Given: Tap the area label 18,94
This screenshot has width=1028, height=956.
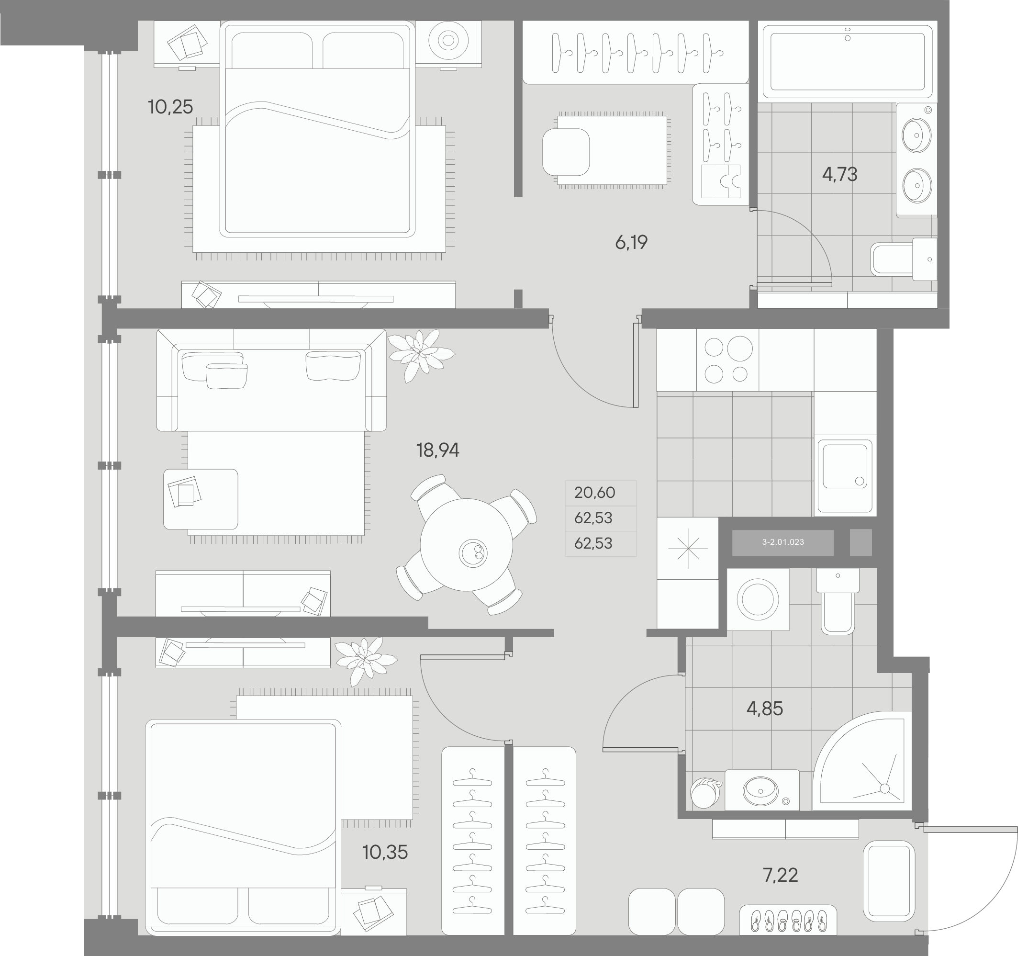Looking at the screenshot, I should tap(437, 450).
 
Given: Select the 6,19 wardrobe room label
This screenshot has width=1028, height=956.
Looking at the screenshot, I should tap(631, 242).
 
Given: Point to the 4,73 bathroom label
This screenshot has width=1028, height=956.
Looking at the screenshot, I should tap(839, 174).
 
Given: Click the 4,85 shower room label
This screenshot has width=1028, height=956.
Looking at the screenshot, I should tap(764, 708).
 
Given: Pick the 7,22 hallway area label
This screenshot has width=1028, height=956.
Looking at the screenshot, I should tap(780, 875).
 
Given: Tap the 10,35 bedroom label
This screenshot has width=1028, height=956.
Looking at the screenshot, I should tap(385, 852).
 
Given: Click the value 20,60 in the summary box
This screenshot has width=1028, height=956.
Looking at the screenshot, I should tap(595, 493).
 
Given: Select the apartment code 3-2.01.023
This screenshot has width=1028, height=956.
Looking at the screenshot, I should tap(782, 542).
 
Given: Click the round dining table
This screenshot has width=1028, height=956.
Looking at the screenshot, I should tap(466, 545).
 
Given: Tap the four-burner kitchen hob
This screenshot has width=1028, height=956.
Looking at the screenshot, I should tap(727, 360).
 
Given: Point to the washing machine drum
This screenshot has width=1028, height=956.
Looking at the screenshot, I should tap(758, 599).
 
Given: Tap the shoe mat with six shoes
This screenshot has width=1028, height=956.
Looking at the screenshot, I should tap(788, 920).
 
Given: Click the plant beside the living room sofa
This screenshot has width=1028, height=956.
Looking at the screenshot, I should tap(420, 354).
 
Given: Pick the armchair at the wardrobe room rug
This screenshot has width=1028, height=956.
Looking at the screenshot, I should tap(566, 152).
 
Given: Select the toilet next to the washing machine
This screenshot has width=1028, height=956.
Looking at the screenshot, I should tap(838, 605).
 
